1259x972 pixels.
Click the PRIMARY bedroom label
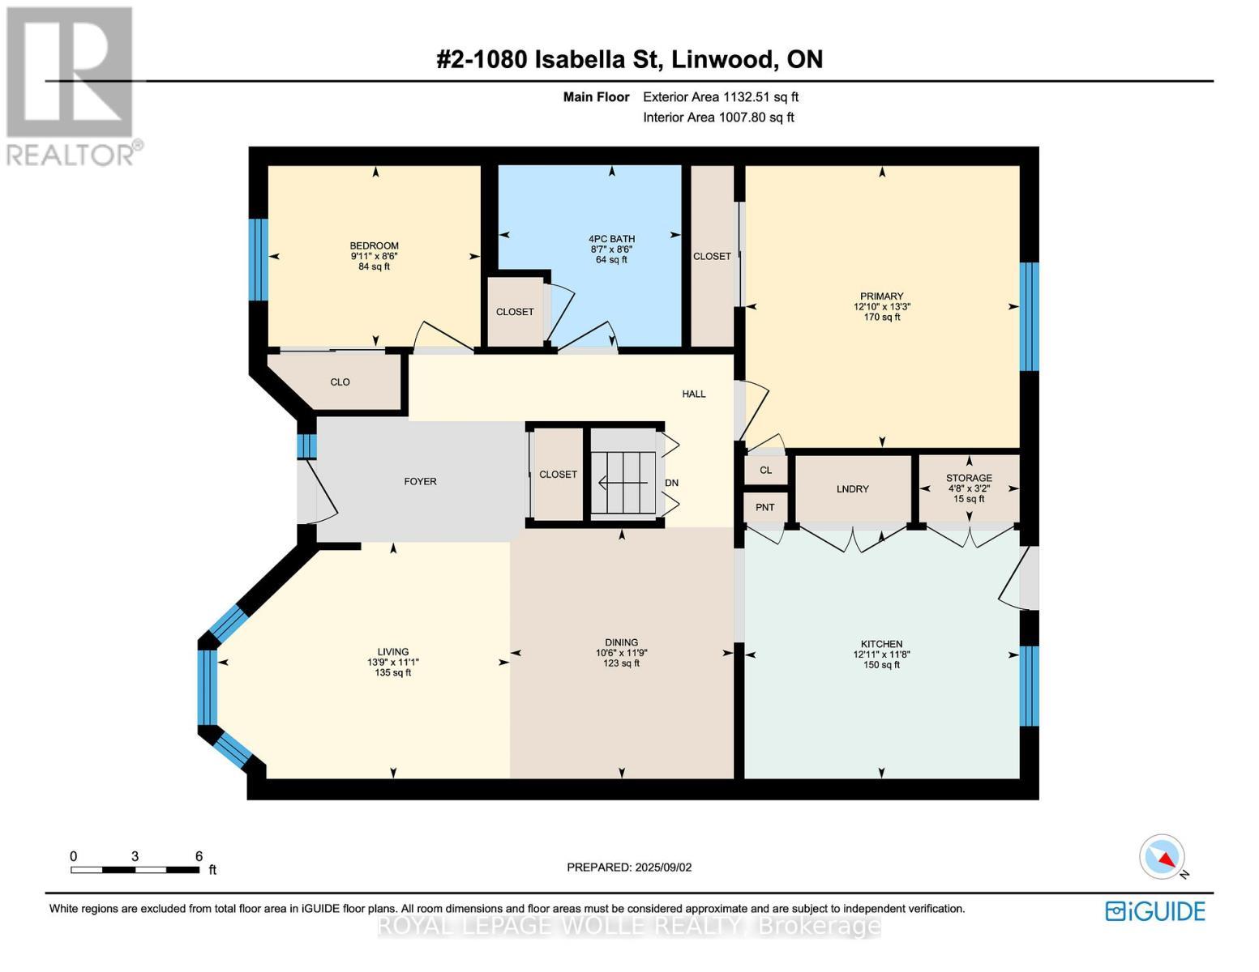(x=881, y=296)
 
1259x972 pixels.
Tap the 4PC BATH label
(x=611, y=238)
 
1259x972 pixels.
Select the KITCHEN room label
(x=881, y=644)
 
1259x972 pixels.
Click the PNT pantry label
(x=764, y=507)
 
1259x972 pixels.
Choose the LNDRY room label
(x=852, y=488)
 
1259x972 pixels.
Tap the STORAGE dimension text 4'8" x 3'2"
(x=969, y=488)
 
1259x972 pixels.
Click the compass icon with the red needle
(x=1163, y=857)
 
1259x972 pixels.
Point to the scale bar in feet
(x=135, y=870)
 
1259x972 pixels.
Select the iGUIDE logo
(x=1155, y=911)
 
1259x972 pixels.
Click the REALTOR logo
(x=71, y=86)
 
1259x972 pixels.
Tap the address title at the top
(x=629, y=60)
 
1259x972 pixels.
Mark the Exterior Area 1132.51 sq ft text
(x=721, y=96)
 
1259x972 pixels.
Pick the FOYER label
(x=420, y=481)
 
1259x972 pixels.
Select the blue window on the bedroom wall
(x=259, y=259)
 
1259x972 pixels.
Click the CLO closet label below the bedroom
(x=340, y=382)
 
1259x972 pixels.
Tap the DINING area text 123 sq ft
(x=621, y=663)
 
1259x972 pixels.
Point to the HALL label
(x=693, y=394)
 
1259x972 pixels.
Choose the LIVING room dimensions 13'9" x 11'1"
(x=393, y=662)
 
